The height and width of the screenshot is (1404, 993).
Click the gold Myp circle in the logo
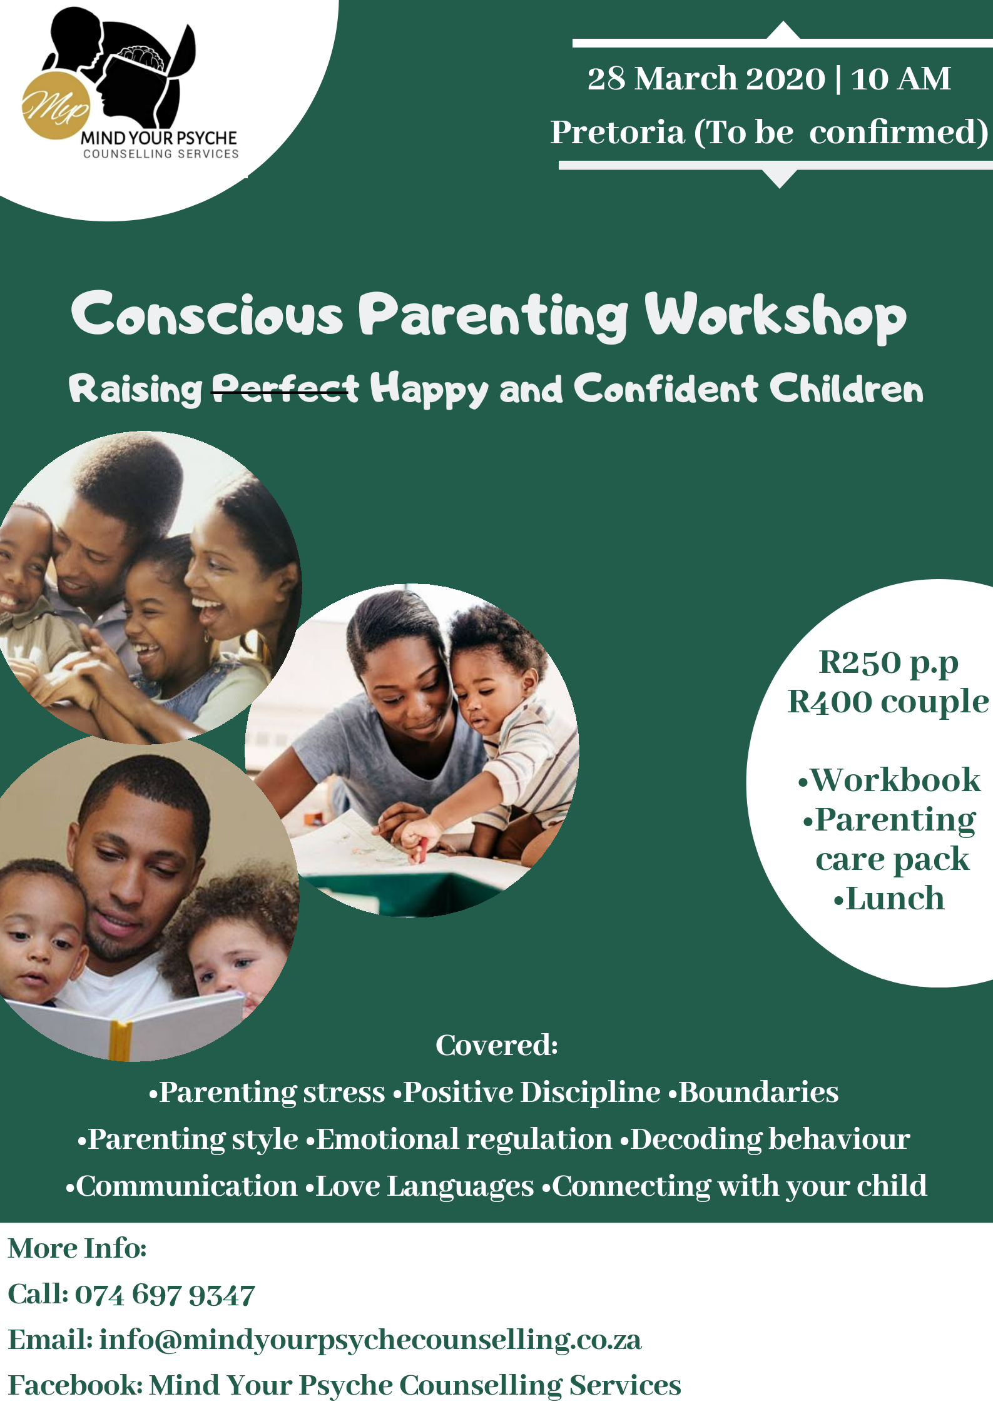[x=56, y=105]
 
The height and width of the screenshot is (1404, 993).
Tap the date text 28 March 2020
[x=706, y=79]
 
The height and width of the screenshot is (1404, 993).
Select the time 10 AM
[x=900, y=79]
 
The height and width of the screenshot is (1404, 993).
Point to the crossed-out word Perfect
[x=286, y=389]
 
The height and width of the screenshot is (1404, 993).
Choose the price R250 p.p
[x=889, y=664]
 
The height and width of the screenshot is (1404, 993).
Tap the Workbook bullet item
[x=889, y=780]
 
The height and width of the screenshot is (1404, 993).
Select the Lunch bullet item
[x=889, y=898]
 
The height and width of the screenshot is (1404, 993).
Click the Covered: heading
[x=497, y=1045]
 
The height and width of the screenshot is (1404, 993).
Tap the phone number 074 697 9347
[x=165, y=1295]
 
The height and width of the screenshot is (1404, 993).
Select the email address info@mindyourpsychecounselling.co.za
[x=370, y=1340]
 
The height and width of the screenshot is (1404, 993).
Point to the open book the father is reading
[x=125, y=1023]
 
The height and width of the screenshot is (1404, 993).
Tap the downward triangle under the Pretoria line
[x=780, y=178]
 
